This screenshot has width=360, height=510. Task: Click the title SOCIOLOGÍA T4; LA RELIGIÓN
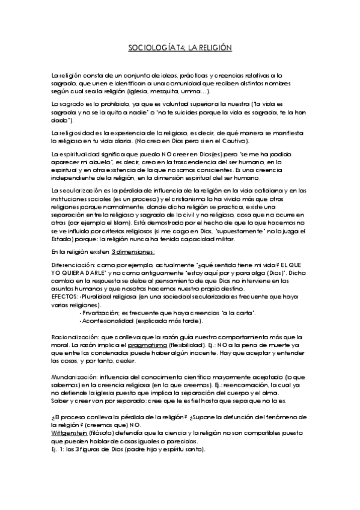pos(180,46)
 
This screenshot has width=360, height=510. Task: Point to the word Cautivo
pos(233,141)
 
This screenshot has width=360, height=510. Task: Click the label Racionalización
pos(74,337)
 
